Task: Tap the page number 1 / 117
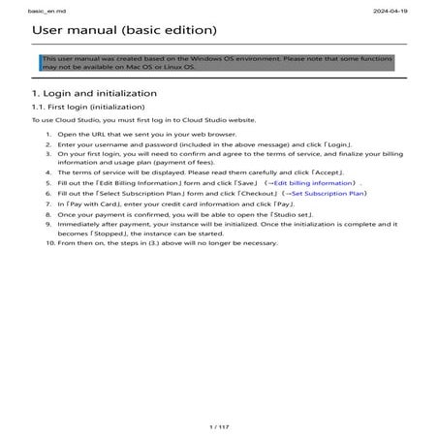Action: (219, 426)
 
